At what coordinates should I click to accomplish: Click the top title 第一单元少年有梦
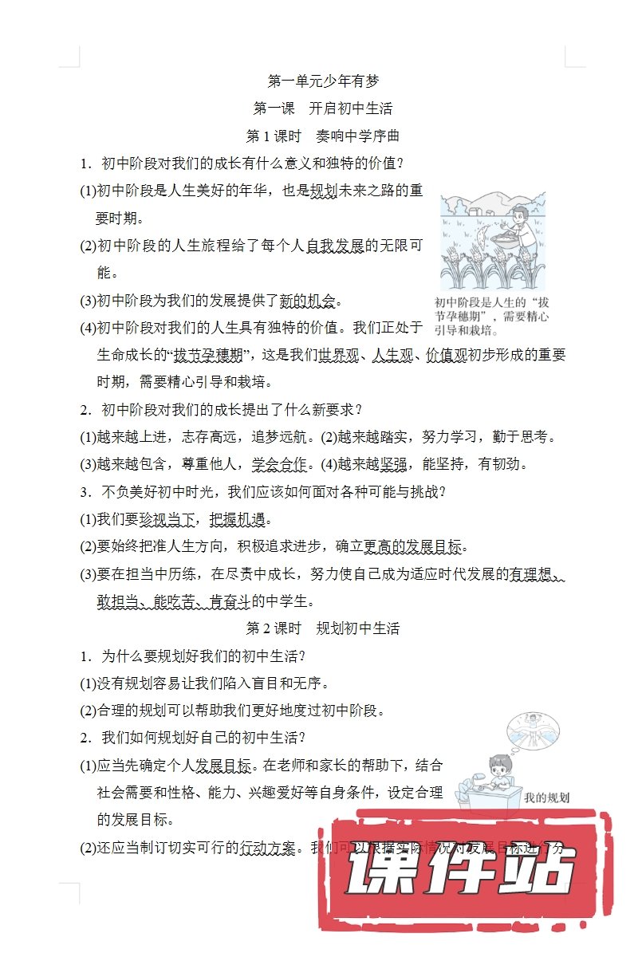(x=323, y=81)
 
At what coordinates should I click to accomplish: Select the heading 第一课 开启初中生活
(x=323, y=108)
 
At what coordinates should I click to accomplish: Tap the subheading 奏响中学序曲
(x=357, y=136)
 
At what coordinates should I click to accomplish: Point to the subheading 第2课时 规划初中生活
(x=323, y=628)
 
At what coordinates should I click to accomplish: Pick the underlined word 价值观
(x=446, y=355)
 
